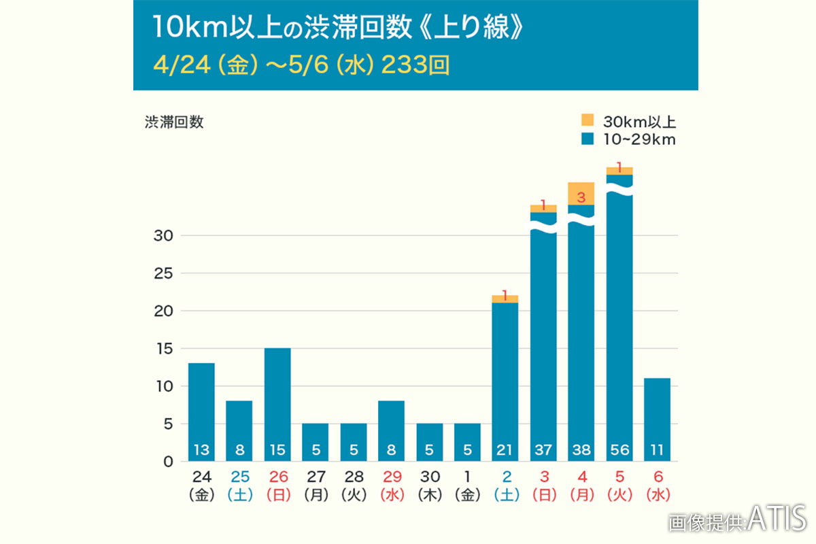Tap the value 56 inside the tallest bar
click(x=619, y=449)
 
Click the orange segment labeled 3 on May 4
click(x=581, y=194)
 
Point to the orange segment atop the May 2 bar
click(x=505, y=299)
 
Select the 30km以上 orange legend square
click(x=588, y=121)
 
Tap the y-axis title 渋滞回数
click(x=174, y=122)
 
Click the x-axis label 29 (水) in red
click(x=391, y=484)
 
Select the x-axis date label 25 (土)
click(x=239, y=484)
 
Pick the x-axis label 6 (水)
click(x=657, y=484)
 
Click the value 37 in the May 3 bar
click(x=543, y=449)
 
